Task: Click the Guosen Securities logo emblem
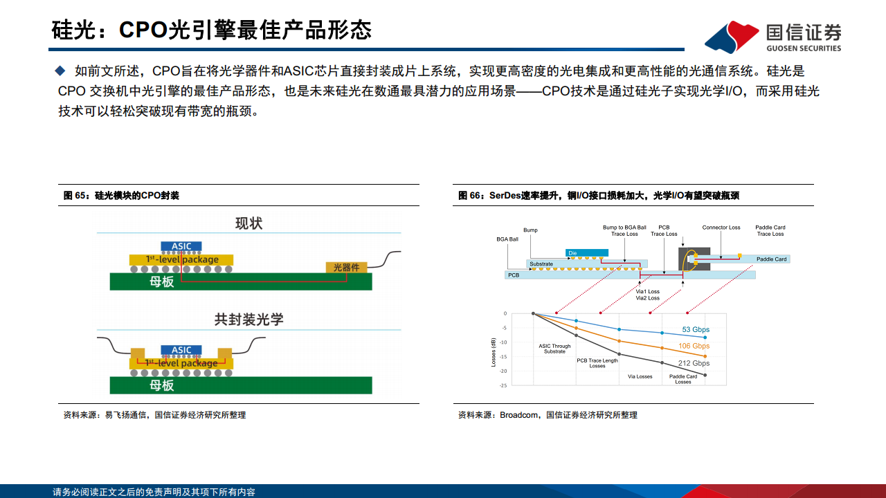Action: pos(732,36)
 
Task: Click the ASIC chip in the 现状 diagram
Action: pos(181,246)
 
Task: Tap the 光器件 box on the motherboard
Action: pos(346,268)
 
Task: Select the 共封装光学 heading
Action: pos(249,320)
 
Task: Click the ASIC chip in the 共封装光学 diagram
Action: pos(181,351)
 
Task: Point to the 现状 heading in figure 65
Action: pos(249,224)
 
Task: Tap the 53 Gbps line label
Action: pos(696,330)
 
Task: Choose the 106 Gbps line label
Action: pos(694,346)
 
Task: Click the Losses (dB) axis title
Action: pos(494,351)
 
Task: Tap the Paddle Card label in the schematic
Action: pos(772,259)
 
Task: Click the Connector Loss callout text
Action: pos(721,228)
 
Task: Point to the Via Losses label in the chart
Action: pos(640,377)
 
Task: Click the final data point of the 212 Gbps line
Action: pos(705,375)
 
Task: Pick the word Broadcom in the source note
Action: pos(519,415)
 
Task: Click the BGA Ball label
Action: pos(507,239)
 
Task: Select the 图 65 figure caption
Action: pos(121,196)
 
